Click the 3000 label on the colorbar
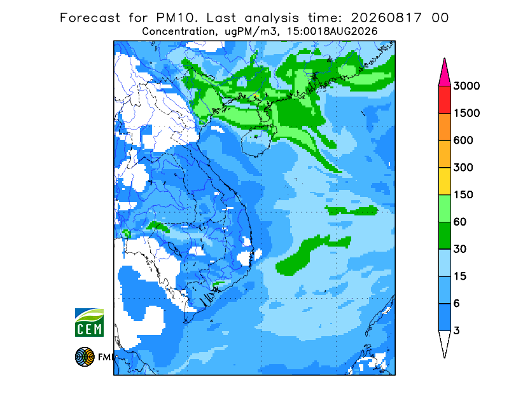pos(466,86)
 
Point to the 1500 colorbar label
pos(466,113)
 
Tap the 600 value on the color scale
pos(463,140)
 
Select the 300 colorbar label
pos(463,168)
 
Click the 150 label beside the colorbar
pos(463,195)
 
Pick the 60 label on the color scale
pos(460,222)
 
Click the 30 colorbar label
pos(460,249)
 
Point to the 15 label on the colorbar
pos(460,276)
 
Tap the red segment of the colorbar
pos(444,100)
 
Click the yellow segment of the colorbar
pos(444,181)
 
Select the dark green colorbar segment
pos(444,236)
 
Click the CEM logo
pos(89,323)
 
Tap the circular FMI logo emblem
pos(85,357)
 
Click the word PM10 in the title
pos(177,18)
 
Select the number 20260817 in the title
pos(386,18)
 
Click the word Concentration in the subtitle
pos(179,32)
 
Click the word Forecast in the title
pos(90,18)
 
